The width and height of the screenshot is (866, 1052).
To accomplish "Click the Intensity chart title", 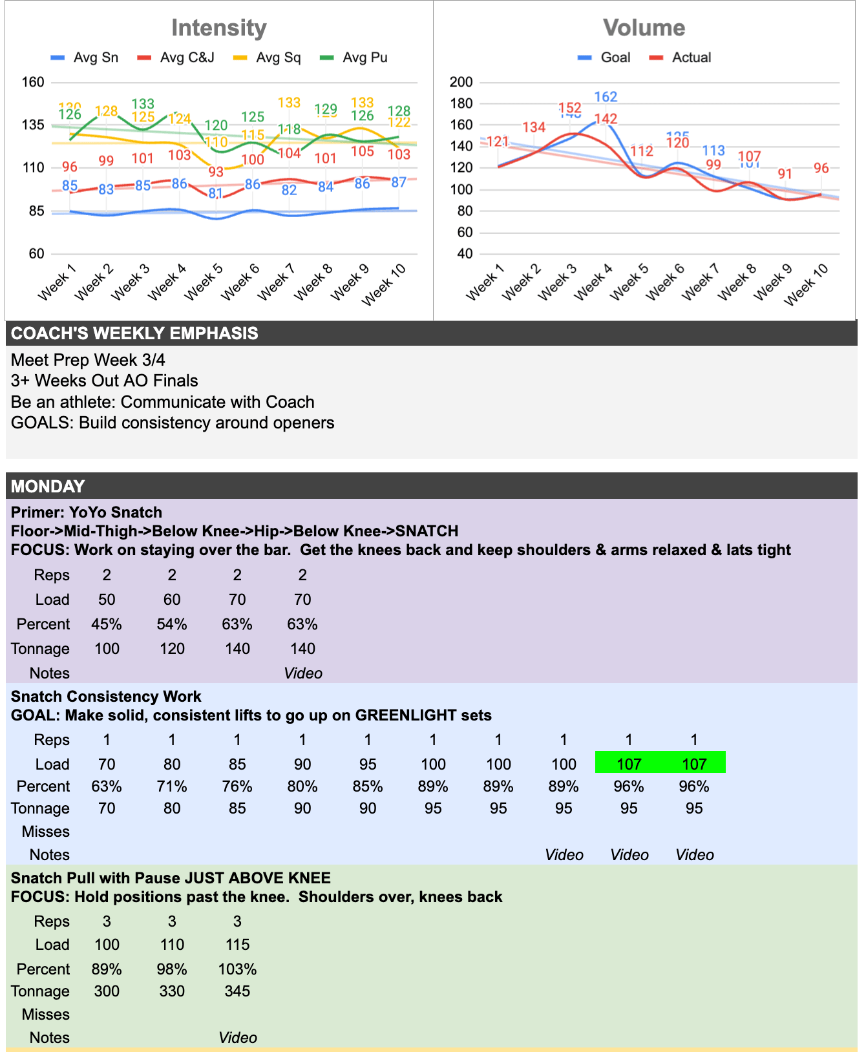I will pos(218,28).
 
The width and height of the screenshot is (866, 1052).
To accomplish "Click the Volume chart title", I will pos(644,28).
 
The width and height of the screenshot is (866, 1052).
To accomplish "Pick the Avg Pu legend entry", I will pos(364,58).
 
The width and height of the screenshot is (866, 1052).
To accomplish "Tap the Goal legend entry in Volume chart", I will pos(615,58).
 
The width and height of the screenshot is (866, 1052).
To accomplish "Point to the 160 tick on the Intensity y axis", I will pos(33,82).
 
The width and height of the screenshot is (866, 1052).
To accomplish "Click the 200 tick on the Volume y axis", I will pos(461,82).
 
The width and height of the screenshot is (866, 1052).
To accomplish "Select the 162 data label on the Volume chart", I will pos(606,97).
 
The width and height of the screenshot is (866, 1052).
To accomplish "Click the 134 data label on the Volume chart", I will pos(534,127).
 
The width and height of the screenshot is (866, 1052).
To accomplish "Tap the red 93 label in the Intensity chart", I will pos(216,172).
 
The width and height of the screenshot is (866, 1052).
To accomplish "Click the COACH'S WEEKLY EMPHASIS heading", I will pos(134,333).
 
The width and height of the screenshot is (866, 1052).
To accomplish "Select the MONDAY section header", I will pos(48,486).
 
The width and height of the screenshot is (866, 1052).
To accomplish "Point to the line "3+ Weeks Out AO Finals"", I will pos(104,381).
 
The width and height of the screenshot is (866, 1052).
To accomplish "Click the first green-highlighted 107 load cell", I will pos(628,764).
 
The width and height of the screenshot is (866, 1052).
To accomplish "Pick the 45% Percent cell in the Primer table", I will pos(107,624).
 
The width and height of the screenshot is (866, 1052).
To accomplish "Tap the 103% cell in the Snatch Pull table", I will pos(237,969).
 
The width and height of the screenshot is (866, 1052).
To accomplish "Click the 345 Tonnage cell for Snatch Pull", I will pos(237,991).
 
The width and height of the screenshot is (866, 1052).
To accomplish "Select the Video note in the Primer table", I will pos(302,673).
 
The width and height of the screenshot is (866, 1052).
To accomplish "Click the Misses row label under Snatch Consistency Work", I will pos(45,832).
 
